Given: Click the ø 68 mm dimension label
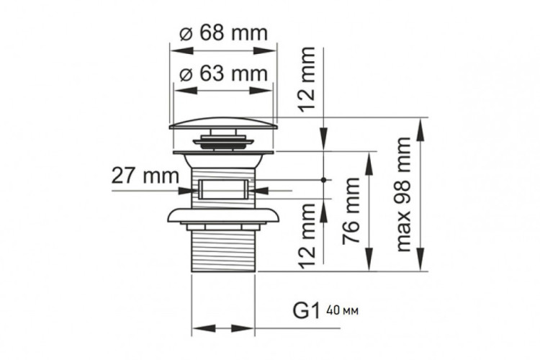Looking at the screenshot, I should click(x=222, y=33).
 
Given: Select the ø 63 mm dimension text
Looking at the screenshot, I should click(x=222, y=73).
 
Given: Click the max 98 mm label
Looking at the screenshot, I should click(x=405, y=194).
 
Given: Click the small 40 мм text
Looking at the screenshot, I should click(x=342, y=311).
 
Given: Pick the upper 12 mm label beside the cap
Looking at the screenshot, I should click(x=308, y=78).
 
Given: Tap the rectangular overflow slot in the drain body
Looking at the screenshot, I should click(x=222, y=191).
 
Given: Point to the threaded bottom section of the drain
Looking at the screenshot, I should click(x=222, y=248).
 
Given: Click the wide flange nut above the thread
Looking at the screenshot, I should click(x=222, y=215).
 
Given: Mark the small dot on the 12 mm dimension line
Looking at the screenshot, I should click(x=325, y=179).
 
